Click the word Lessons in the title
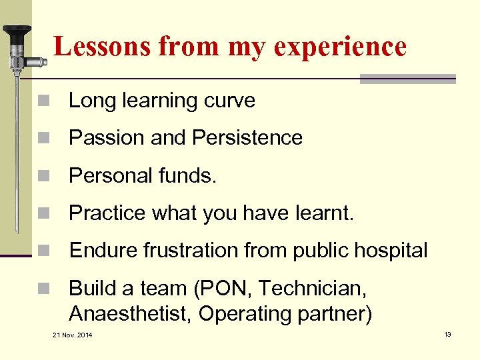click(x=93, y=46)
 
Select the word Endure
click(x=99, y=251)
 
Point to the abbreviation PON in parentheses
click(x=229, y=289)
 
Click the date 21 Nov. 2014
click(x=73, y=334)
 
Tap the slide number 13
click(x=447, y=333)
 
